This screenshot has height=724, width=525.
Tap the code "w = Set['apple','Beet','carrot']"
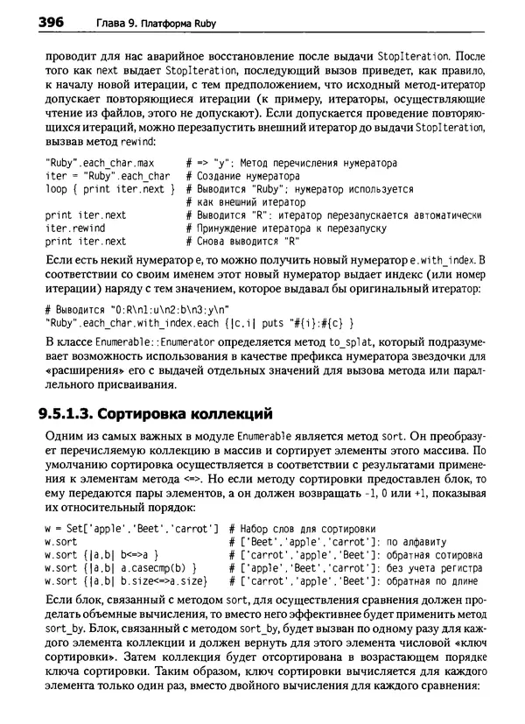pyautogui.click(x=130, y=529)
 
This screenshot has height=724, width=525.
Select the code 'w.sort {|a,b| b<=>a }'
pyautogui.click(x=100, y=554)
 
